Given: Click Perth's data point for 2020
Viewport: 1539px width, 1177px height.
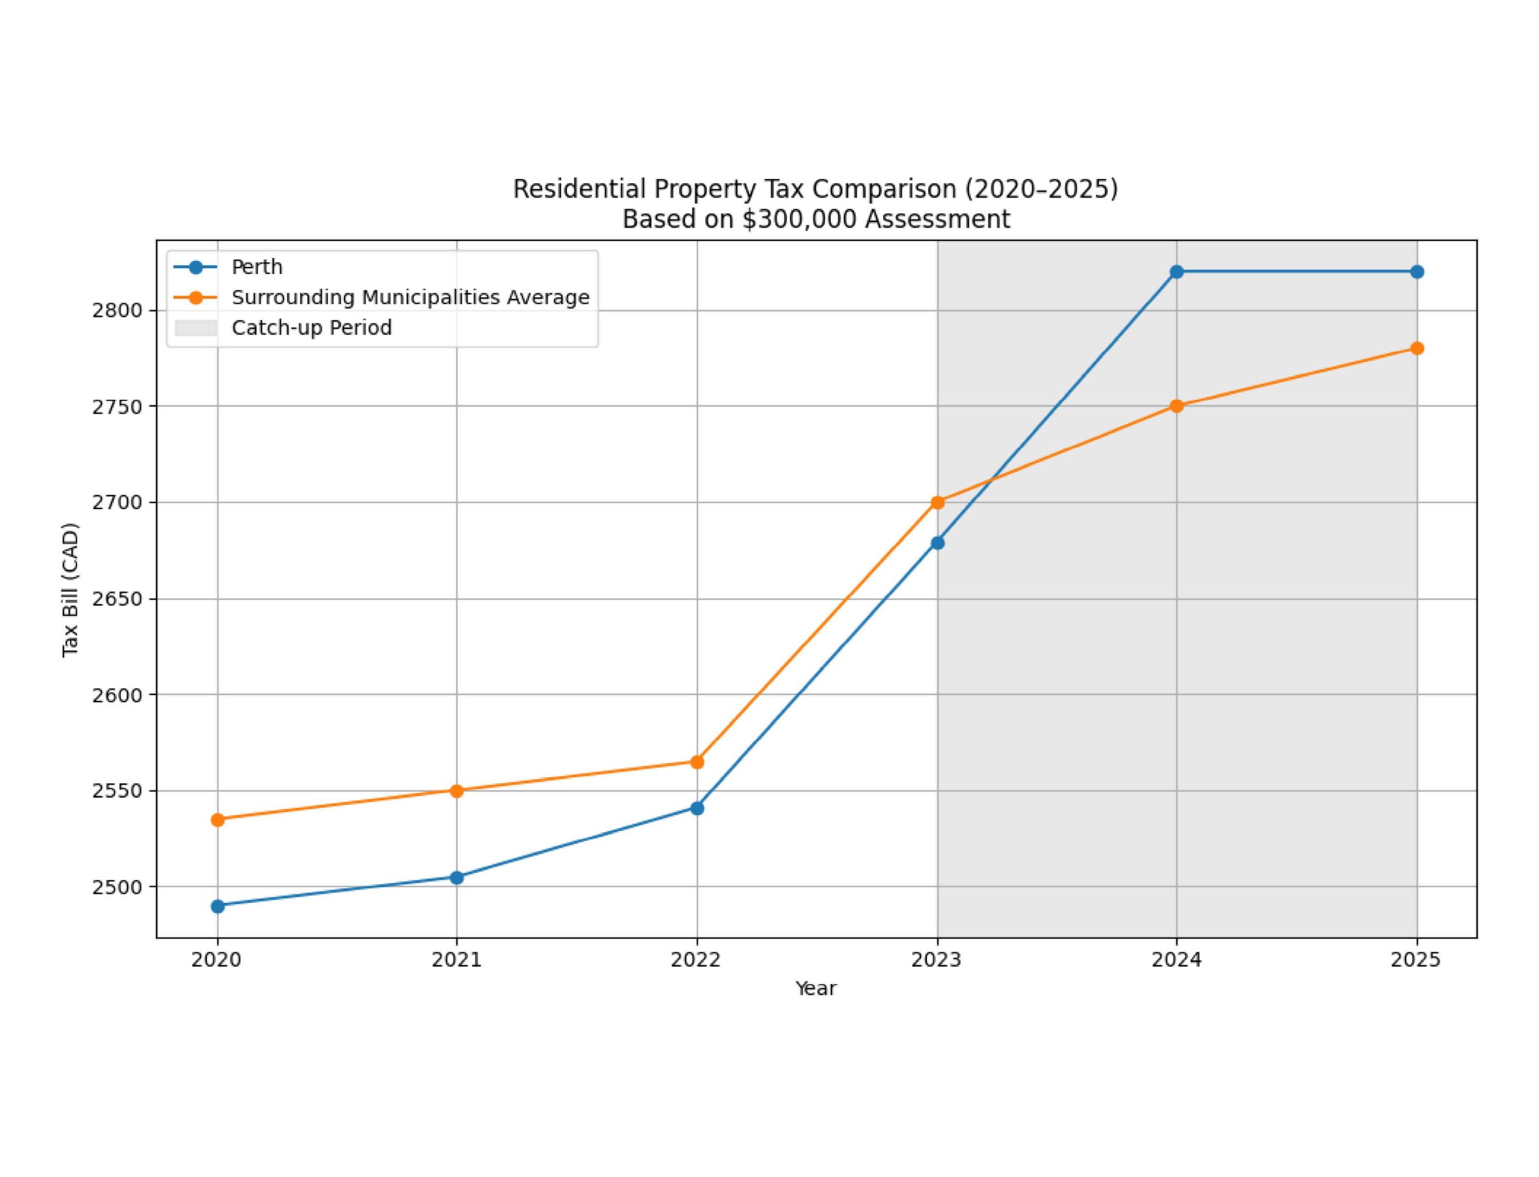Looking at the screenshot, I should [x=217, y=906].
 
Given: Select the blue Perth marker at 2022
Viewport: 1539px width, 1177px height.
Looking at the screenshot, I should [x=697, y=808].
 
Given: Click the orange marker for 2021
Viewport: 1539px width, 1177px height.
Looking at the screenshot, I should [x=457, y=791].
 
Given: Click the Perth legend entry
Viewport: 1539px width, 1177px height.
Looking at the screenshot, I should [x=256, y=267].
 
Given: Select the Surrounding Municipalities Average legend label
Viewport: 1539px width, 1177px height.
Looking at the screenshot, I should [x=410, y=297].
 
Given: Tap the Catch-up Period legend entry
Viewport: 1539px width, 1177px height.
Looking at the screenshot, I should [x=311, y=328].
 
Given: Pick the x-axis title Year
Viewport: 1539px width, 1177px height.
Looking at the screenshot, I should [x=815, y=988].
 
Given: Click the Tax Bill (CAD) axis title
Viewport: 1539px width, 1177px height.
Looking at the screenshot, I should [x=71, y=590].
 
